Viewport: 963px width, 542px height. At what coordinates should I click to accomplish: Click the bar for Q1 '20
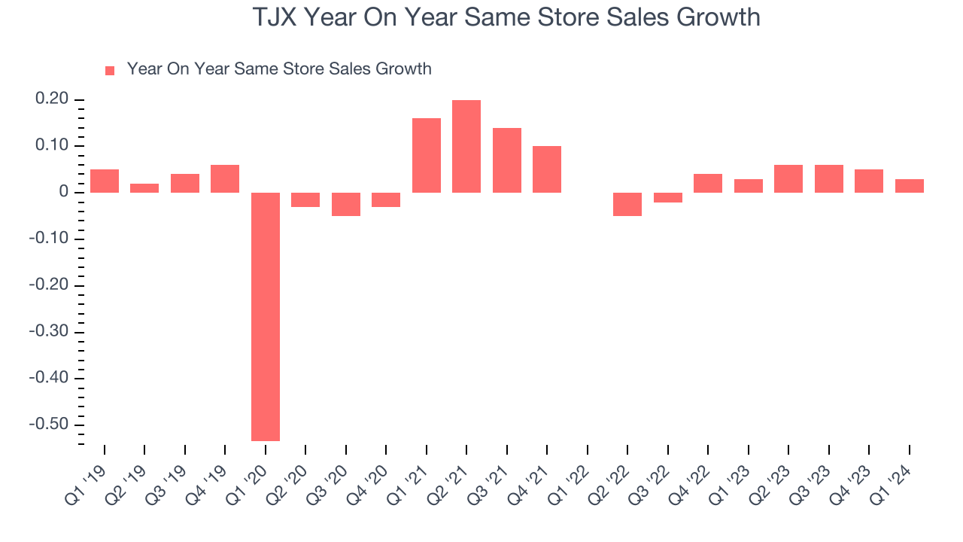266,316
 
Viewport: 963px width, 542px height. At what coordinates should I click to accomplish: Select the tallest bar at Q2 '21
466,146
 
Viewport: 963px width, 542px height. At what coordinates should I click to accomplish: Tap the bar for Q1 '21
427,155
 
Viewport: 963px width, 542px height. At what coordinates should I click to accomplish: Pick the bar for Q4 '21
547,169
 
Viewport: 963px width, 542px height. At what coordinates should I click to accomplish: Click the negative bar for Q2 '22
627,204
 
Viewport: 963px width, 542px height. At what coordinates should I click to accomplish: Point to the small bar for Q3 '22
668,197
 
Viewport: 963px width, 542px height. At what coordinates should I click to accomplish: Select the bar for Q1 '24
909,186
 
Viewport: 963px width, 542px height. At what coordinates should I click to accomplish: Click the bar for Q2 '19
144,188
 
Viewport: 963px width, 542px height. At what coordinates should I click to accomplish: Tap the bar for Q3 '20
346,204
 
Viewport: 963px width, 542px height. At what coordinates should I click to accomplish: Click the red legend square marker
110,71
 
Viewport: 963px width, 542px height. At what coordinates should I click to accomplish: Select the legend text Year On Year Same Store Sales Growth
279,69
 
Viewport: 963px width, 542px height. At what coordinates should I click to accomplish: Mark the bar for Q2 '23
788,178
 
